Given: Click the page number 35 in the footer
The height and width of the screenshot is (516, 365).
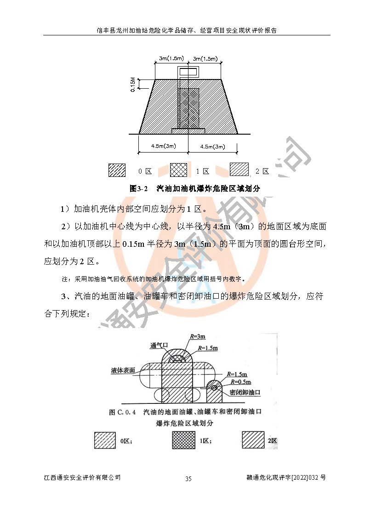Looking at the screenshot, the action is [x=188, y=478].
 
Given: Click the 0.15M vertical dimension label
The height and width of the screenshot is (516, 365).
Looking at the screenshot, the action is [x=133, y=84].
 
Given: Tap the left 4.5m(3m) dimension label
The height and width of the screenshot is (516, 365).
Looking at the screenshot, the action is [x=164, y=146].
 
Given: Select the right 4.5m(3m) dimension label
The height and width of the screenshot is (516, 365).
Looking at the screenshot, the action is [x=213, y=147].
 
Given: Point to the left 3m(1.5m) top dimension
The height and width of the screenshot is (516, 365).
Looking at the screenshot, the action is [x=171, y=58].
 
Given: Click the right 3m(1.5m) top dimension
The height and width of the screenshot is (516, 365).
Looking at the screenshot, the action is [x=205, y=58].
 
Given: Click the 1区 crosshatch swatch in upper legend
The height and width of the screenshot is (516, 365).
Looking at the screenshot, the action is [x=178, y=170].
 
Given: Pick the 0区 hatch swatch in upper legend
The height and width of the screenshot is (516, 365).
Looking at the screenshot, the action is [x=117, y=170].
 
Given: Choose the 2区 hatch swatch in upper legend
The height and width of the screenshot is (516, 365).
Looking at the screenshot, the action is [x=240, y=169].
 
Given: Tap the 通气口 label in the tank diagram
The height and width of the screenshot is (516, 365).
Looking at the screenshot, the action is [x=159, y=345].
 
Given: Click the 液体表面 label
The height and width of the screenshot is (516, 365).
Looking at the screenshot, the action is [x=123, y=370].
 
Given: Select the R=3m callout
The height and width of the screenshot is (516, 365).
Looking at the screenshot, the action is [x=198, y=336].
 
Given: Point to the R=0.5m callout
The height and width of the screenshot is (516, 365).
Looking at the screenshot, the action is [x=240, y=382].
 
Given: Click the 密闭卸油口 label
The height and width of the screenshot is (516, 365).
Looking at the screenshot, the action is [x=245, y=392].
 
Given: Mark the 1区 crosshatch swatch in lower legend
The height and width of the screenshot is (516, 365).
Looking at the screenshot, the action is [x=184, y=440].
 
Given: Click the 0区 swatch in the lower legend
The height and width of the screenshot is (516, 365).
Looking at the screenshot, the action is [x=105, y=440].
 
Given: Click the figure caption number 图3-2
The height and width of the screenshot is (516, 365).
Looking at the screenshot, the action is [x=138, y=188].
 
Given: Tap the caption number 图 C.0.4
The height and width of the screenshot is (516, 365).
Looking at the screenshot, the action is [x=122, y=412].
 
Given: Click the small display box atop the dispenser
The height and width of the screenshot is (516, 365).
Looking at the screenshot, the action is [x=188, y=71].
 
